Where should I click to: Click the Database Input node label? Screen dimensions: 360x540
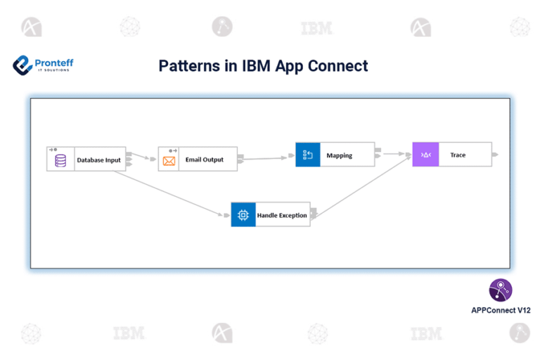pyautogui.click(x=98, y=160)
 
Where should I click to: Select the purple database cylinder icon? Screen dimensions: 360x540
pyautogui.click(x=61, y=160)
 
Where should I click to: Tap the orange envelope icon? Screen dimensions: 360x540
pyautogui.click(x=169, y=160)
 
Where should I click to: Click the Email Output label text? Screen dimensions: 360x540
pyautogui.click(x=204, y=160)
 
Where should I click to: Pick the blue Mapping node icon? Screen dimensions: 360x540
pyautogui.click(x=307, y=155)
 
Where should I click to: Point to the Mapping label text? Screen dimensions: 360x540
pyautogui.click(x=339, y=155)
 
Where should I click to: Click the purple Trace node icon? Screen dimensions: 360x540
pyautogui.click(x=425, y=155)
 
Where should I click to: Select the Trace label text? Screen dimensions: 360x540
pyautogui.click(x=458, y=155)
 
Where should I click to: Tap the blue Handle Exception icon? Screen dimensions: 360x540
pyautogui.click(x=243, y=214)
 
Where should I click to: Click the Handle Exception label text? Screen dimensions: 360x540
pyautogui.click(x=282, y=215)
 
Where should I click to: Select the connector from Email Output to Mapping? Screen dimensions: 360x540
pyautogui.click(x=267, y=157)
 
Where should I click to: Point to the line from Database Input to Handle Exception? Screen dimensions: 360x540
pyautogui.click(x=172, y=192)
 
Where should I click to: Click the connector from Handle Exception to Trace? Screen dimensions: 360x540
pyautogui.click(x=362, y=186)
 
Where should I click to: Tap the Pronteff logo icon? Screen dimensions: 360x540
pyautogui.click(x=22, y=65)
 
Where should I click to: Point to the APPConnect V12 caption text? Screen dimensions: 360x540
pyautogui.click(x=501, y=309)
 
